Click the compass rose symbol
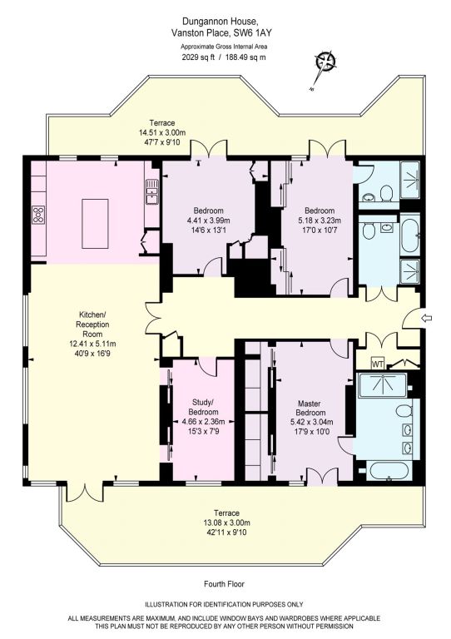pyautogui.click(x=326, y=62)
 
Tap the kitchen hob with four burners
pyautogui.click(x=39, y=215)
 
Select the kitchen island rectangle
pyautogui.click(x=95, y=223)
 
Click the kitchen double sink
pyautogui.click(x=152, y=191)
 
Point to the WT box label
pyautogui.click(x=377, y=364)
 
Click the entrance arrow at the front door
pyautogui.click(x=427, y=318)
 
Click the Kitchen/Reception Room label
pyautogui.click(x=94, y=324)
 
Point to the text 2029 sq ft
pyautogui.click(x=198, y=57)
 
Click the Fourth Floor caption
pyautogui.click(x=224, y=584)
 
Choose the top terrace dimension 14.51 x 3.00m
pyautogui.click(x=162, y=132)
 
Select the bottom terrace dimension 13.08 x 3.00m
pyautogui.click(x=227, y=523)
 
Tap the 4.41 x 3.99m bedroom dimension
pyautogui.click(x=209, y=220)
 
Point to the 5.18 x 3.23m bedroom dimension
pyautogui.click(x=320, y=220)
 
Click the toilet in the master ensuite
pyautogui.click(x=404, y=411)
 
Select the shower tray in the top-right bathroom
pyautogui.click(x=410, y=180)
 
